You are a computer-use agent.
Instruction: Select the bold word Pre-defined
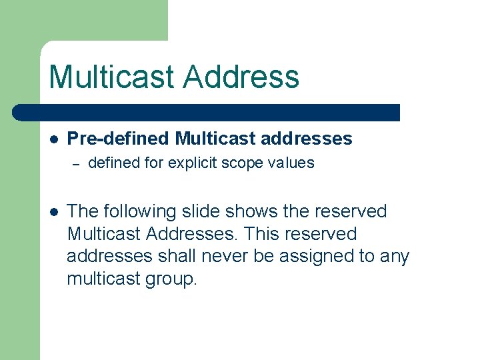pos(119,139)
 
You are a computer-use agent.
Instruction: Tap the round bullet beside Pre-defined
pos(54,139)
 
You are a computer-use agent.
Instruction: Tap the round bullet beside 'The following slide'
pos(54,211)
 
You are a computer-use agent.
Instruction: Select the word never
pos(224,256)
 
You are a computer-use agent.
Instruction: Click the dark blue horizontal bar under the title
pos(207,112)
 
